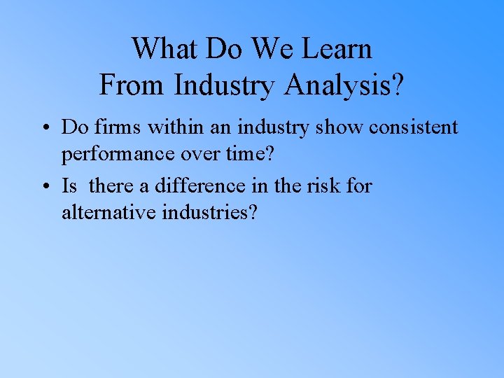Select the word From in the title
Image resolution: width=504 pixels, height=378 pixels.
pos(132,85)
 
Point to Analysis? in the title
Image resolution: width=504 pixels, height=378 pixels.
pos(344,86)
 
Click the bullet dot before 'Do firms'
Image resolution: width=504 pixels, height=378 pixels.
pos(44,128)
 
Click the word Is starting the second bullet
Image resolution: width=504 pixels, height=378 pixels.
pos(69,186)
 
